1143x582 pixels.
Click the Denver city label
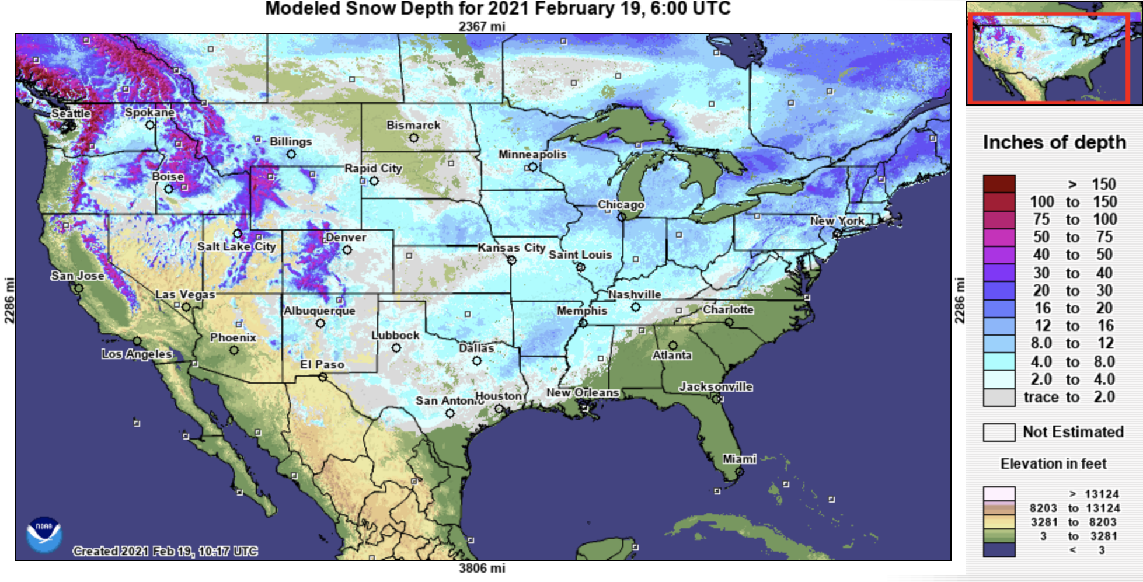[346, 238]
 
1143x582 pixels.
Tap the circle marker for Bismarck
[414, 138]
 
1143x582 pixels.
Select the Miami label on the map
[739, 459]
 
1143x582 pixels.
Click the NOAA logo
[44, 534]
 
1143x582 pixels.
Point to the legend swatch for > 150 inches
[999, 184]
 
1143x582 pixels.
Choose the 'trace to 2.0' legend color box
[999, 398]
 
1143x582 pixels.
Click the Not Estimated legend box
[999, 433]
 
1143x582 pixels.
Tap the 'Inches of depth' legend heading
[1054, 142]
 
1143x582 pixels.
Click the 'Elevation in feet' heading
[1053, 464]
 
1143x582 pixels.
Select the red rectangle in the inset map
[1048, 58]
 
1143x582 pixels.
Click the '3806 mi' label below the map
[482, 568]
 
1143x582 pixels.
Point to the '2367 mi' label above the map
[482, 26]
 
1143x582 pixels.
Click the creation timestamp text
[165, 551]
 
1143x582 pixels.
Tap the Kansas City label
[511, 248]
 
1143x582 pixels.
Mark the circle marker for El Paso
[323, 377]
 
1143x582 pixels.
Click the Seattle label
[71, 113]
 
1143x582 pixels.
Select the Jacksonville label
[716, 386]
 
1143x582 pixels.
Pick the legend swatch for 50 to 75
[999, 238]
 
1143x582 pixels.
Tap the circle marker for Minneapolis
[532, 168]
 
